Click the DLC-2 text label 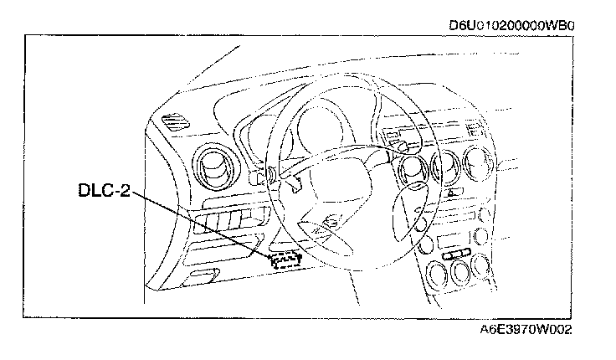click(104, 192)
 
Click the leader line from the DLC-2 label click(201, 224)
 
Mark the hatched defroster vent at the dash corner click(175, 121)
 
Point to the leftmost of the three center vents click(413, 172)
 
